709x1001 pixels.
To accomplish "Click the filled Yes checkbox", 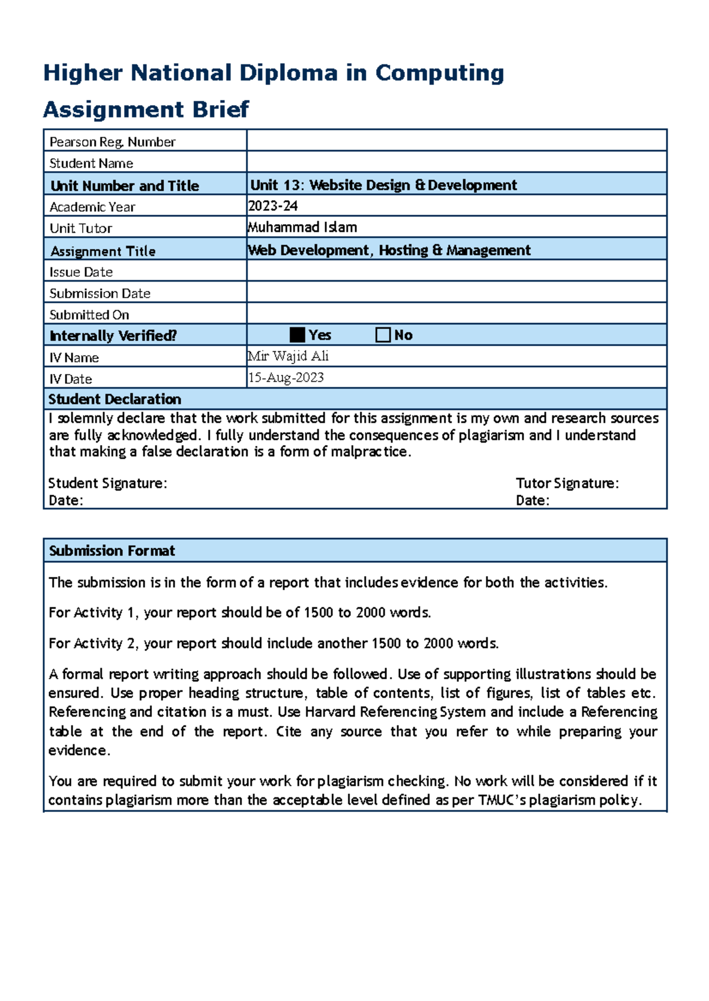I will [x=297, y=335].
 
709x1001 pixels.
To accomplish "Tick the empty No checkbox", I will [x=383, y=335].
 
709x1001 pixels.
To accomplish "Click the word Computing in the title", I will [x=440, y=73].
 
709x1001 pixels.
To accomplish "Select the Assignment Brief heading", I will [x=146, y=109].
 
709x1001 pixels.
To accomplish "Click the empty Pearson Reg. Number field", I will [x=456, y=140].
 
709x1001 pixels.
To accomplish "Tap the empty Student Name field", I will [x=456, y=162].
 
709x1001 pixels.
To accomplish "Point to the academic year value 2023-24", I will [x=273, y=206].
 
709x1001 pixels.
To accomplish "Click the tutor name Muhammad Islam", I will [x=303, y=227].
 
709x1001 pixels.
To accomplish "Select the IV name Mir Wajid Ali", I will [x=288, y=356].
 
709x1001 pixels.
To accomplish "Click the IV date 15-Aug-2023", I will [x=286, y=378].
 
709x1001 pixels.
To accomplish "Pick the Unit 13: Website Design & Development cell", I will [x=383, y=185].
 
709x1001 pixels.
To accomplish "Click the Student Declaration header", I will [x=115, y=399].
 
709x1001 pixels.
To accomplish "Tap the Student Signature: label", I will [x=108, y=483].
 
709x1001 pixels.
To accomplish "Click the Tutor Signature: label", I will [x=567, y=483].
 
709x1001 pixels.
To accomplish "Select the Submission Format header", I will [x=112, y=551].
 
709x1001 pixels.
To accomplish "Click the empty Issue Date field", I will [x=456, y=271].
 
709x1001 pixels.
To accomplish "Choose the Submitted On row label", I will [x=89, y=315].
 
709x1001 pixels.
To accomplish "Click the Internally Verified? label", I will [x=113, y=336].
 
